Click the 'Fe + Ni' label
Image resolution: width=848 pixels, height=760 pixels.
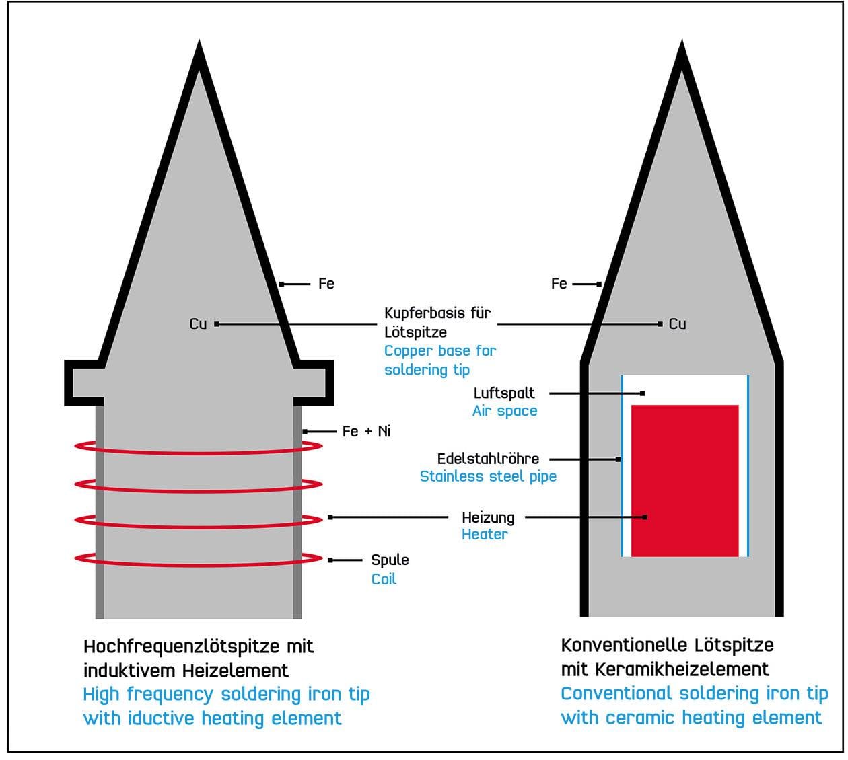click(366, 431)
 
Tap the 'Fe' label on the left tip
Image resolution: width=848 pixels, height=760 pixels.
click(326, 284)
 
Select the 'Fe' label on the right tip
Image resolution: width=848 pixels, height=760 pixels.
click(559, 284)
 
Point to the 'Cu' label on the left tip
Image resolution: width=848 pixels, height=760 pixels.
click(198, 324)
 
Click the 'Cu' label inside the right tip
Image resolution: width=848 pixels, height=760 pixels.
click(677, 324)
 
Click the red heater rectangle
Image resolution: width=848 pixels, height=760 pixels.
click(684, 480)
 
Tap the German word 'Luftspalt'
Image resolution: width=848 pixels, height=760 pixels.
click(504, 393)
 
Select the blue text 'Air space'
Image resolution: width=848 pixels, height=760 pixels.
click(505, 411)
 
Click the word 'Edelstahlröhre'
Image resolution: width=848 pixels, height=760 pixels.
click(488, 459)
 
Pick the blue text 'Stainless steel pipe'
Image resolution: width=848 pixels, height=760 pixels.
click(488, 477)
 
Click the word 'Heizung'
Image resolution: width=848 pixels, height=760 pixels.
click(488, 517)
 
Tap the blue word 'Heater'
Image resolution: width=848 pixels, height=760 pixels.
click(485, 535)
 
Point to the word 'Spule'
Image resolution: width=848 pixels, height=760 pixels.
click(390, 560)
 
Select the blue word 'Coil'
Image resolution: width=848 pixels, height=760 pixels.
click(384, 579)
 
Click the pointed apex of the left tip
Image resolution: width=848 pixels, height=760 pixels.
click(199, 48)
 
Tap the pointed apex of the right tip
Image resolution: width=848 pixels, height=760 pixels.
click(682, 48)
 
